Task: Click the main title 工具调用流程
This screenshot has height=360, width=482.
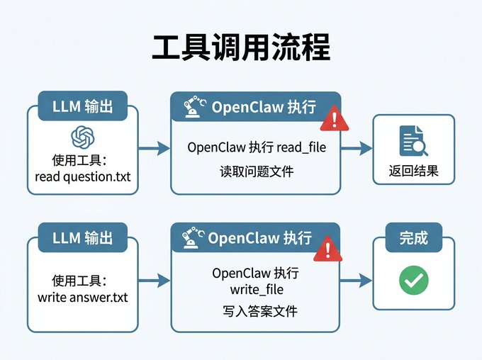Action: [241, 48]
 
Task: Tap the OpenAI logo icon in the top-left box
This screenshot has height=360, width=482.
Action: [82, 137]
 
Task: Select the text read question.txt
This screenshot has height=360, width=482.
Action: [82, 176]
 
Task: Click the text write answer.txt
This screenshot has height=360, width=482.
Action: [82, 297]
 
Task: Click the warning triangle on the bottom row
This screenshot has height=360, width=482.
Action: [327, 249]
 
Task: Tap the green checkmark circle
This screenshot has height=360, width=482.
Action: [413, 281]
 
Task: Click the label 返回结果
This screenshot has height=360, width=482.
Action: [413, 170]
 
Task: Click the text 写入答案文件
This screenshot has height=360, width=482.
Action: [256, 311]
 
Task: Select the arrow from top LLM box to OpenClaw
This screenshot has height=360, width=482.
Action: [154, 148]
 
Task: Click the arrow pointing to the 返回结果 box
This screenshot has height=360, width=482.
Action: [357, 148]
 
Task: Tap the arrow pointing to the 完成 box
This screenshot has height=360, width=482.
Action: [357, 281]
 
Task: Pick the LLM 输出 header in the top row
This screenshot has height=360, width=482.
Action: [82, 107]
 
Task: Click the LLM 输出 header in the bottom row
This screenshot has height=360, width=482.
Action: [82, 237]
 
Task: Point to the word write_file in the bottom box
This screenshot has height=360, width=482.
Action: [256, 290]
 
